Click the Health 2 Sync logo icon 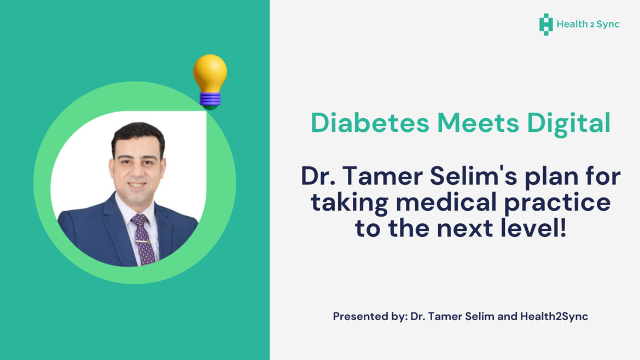[545, 25]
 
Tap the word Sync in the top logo [607, 25]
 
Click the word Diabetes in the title [369, 124]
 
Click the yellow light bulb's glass [210, 73]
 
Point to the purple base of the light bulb [210, 98]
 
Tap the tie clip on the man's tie [143, 241]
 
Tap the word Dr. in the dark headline [319, 178]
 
